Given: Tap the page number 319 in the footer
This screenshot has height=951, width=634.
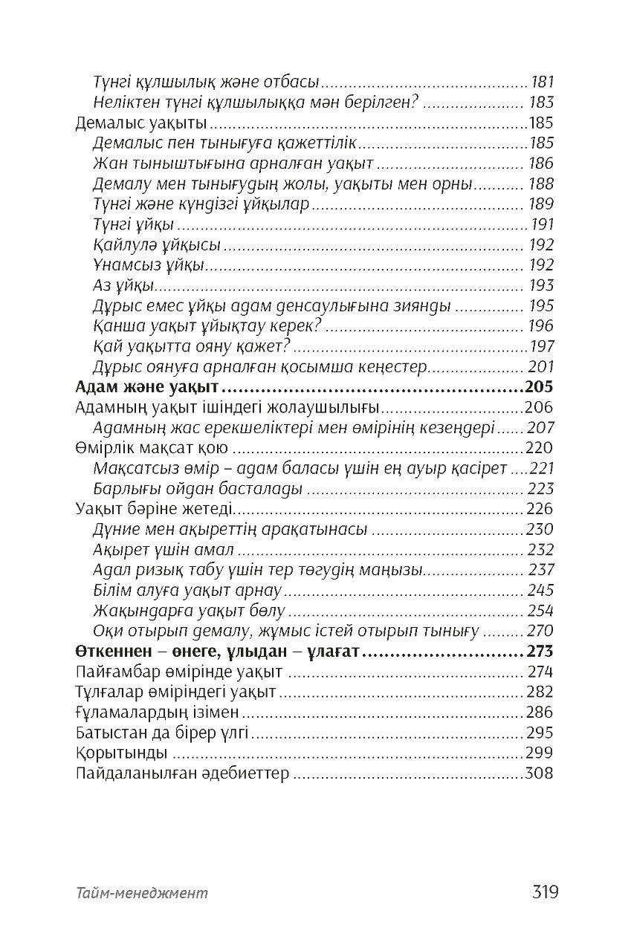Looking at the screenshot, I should [544, 892].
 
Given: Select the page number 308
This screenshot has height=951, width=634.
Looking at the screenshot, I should [539, 773].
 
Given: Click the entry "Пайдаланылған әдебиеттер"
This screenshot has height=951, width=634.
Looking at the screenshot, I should [182, 773].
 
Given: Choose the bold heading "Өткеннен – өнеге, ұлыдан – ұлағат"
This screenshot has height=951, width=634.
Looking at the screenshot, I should [218, 652].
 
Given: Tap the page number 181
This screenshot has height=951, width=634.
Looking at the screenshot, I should [541, 82].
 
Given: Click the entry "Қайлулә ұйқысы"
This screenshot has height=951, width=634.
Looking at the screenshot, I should [157, 244].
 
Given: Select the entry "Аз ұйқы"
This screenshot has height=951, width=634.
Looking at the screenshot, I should [124, 285].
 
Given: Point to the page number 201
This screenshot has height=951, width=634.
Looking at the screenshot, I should [540, 366].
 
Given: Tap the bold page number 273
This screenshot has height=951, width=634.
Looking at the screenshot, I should [540, 652].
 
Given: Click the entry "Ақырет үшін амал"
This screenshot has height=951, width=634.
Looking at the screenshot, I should [164, 550].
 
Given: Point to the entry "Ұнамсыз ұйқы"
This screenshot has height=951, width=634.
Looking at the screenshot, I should [149, 265].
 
